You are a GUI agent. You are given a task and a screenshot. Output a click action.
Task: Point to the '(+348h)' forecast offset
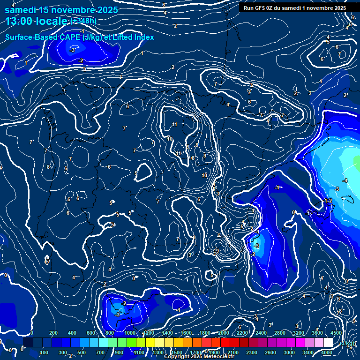[83, 21]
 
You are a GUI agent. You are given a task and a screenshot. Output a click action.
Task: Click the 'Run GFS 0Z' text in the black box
[262, 7]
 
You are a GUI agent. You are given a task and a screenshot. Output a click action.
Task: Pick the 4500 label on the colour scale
[336, 333]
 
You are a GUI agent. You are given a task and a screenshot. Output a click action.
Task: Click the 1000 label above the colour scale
[129, 333]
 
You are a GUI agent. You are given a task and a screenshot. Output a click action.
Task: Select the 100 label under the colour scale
[45, 352]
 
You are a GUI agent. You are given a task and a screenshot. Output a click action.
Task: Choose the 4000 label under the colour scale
[327, 352]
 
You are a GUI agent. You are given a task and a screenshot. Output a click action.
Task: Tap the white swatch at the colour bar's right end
[328, 343]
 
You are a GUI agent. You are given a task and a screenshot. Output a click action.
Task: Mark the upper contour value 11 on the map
[174, 124]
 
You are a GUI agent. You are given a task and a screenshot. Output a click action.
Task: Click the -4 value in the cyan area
[345, 180]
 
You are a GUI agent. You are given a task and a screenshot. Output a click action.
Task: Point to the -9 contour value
[216, 251]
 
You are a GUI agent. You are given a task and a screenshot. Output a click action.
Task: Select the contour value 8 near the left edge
[48, 167]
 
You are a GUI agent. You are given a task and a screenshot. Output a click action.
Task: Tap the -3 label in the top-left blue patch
[72, 50]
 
